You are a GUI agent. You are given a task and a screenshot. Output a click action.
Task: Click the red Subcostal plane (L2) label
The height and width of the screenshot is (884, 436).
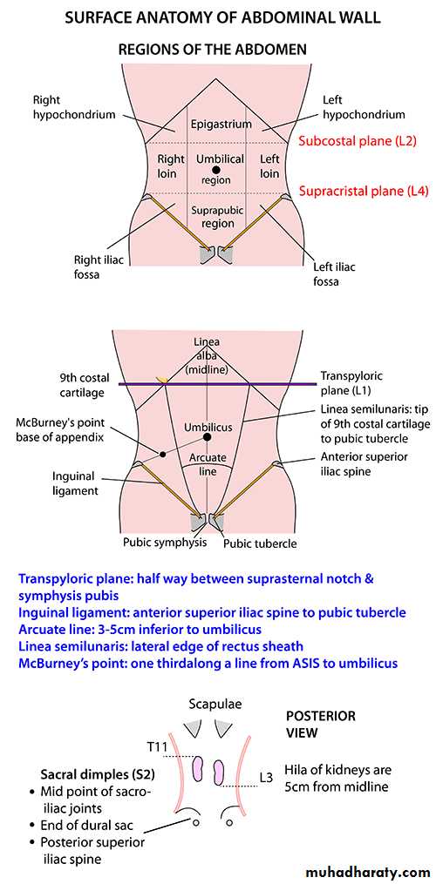coord(358,141)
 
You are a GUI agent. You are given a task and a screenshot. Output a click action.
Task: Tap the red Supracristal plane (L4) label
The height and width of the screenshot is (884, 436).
coord(364,191)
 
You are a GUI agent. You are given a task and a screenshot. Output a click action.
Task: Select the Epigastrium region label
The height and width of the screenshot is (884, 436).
coord(221,124)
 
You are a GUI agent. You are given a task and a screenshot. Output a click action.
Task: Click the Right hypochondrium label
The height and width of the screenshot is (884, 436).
coord(73,108)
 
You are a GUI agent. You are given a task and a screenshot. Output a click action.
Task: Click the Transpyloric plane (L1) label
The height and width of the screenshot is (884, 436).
coord(348,383)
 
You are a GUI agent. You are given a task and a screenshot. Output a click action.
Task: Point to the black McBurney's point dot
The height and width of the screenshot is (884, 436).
coord(163,454)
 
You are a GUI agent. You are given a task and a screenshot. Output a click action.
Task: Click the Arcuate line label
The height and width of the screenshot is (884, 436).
coord(208,464)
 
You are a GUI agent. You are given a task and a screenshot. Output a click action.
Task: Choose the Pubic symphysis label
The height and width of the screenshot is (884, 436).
coord(164,543)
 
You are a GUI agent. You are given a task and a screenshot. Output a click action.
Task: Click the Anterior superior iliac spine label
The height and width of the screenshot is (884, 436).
coord(363,463)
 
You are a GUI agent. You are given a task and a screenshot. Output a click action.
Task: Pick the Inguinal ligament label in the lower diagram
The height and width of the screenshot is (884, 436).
coord(75,483)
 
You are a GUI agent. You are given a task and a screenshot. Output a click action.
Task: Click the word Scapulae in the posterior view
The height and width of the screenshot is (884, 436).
coord(212,705)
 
